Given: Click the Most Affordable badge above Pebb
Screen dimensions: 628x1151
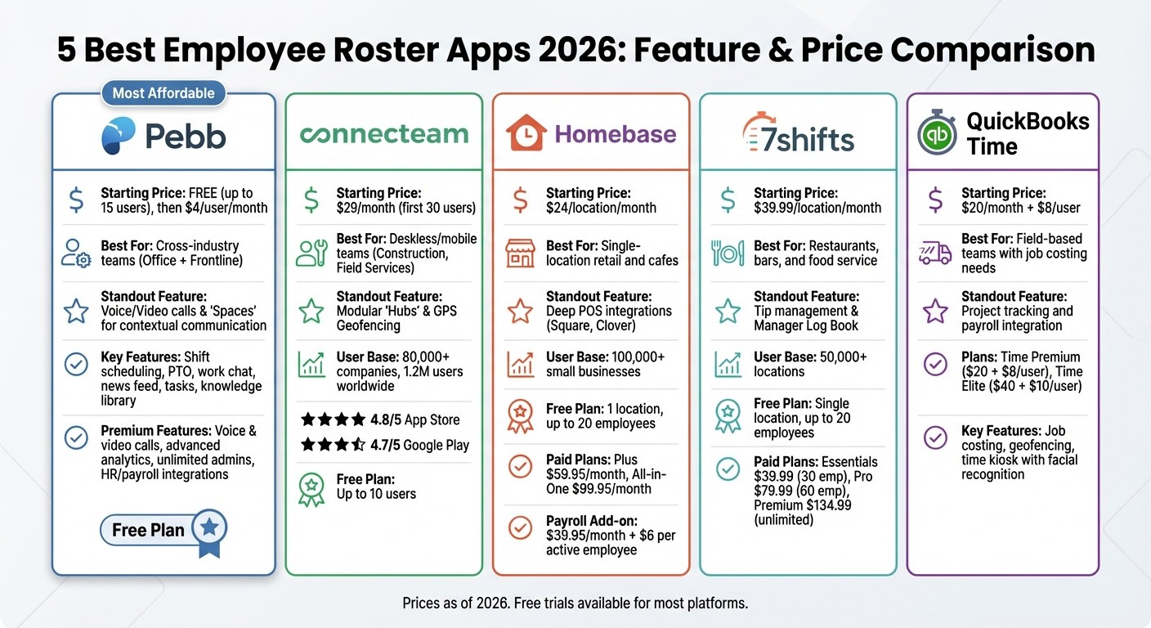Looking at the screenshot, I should click(163, 93).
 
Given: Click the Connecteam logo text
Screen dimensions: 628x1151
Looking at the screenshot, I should click(384, 134).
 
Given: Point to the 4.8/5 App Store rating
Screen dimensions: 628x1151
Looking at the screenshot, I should click(380, 419).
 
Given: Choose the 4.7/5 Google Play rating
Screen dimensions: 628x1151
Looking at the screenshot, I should click(380, 445).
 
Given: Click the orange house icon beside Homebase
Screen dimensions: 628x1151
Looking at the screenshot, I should click(526, 134).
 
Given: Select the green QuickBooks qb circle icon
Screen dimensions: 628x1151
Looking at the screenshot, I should click(937, 134).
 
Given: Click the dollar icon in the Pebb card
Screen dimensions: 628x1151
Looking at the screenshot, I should click(76, 200).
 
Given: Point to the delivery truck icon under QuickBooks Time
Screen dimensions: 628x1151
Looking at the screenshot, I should click(935, 253).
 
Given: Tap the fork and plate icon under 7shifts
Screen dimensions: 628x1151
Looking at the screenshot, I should click(728, 253).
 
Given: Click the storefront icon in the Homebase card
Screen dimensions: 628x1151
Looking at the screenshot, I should click(521, 253).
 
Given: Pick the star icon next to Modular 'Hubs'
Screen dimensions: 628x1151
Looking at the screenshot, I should click(311, 311).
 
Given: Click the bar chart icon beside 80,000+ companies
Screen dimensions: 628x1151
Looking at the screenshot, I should click(311, 365).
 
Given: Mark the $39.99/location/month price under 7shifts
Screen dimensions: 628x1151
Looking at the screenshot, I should click(817, 208).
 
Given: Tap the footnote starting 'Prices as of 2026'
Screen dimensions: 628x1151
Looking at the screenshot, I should click(575, 603).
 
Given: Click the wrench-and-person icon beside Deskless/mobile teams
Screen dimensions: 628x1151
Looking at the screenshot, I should click(311, 253).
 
